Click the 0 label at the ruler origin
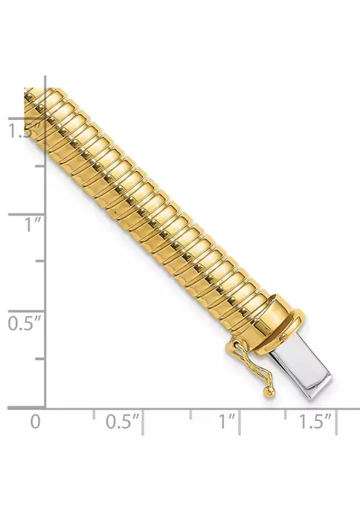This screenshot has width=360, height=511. (36, 421)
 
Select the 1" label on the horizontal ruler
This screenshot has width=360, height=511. (227, 421)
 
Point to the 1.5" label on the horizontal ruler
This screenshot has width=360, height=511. (315, 421)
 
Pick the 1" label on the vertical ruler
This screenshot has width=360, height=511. (33, 225)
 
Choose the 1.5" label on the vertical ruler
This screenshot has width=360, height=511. (24, 131)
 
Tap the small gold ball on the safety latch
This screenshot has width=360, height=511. (269, 392)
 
